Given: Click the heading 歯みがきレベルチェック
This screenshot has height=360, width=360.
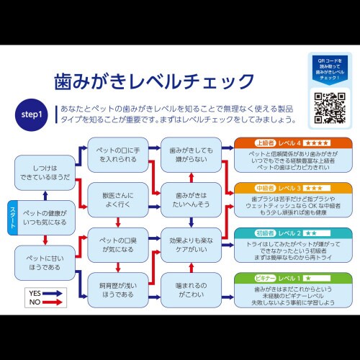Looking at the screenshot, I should point(155,81).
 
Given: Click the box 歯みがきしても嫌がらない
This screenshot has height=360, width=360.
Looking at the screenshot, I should point(187,153).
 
